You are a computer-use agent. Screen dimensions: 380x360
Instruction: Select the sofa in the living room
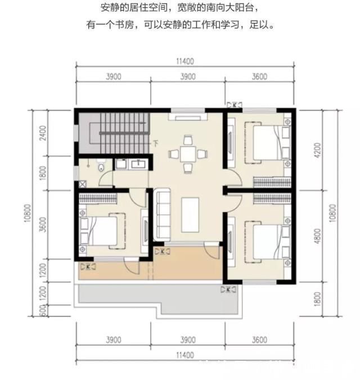click(163, 214)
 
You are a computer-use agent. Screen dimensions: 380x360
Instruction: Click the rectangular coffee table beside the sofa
click(190, 215)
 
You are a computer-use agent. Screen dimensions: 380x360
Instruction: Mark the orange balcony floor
click(112, 271)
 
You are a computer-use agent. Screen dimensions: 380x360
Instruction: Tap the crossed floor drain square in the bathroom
click(82, 184)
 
